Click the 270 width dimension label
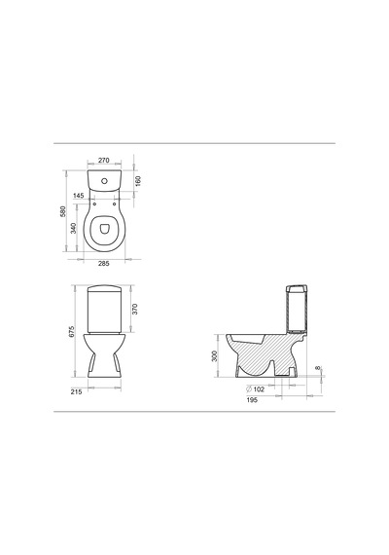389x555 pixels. click(x=104, y=161)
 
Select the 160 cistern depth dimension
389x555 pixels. click(x=138, y=180)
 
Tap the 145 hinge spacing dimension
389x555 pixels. click(x=79, y=196)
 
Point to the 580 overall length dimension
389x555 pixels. click(x=63, y=211)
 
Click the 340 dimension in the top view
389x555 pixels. click(x=73, y=228)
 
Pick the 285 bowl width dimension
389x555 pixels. click(x=104, y=263)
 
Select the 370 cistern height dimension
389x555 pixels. click(x=135, y=309)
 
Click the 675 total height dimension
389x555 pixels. click(x=72, y=331)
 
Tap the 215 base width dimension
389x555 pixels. click(x=76, y=391)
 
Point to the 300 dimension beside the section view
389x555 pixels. click(x=214, y=356)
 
